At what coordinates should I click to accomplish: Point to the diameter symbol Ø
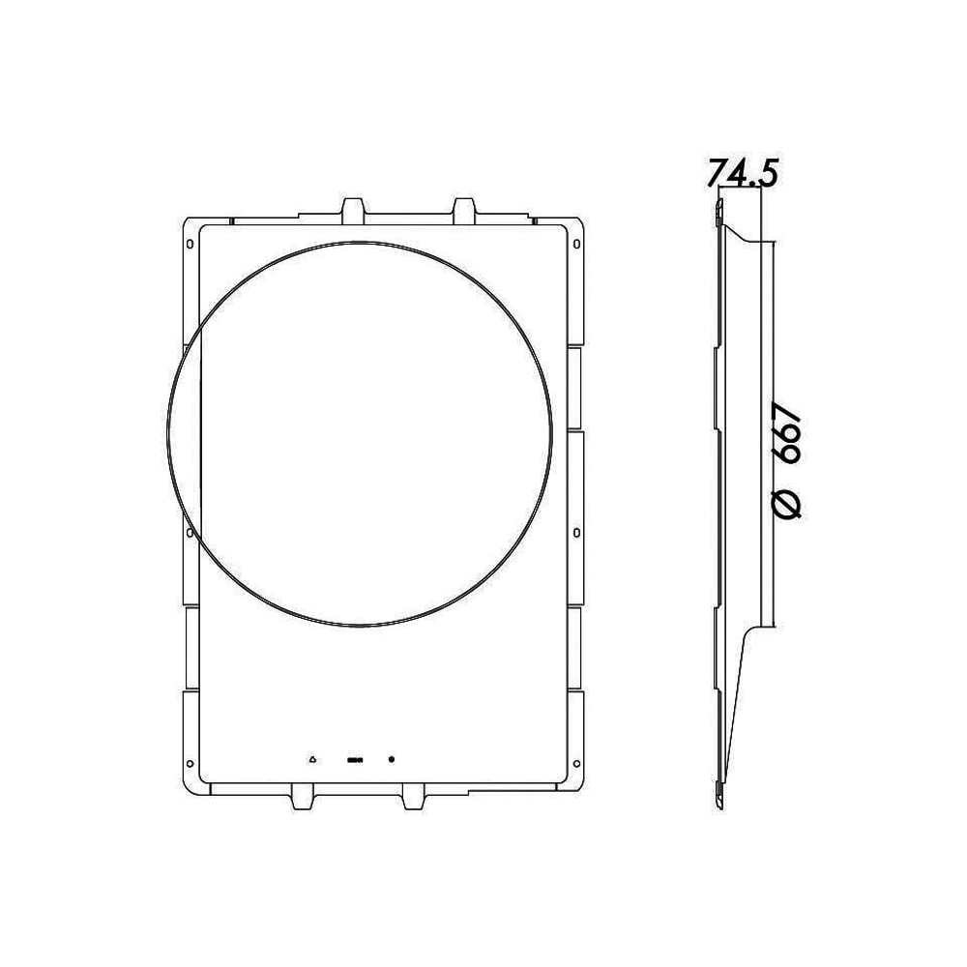coord(788,503)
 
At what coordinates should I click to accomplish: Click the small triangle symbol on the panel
coord(312,759)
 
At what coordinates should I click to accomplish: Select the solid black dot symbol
coord(392,759)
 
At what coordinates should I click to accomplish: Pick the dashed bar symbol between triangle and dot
coord(354,759)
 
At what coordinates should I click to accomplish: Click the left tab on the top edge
coord(354,209)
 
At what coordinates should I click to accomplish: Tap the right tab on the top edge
coord(464,209)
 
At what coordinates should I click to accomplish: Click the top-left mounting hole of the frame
coord(190,242)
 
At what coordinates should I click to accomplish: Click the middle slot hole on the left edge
coord(190,531)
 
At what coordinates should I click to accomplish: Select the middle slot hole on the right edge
coord(577,531)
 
